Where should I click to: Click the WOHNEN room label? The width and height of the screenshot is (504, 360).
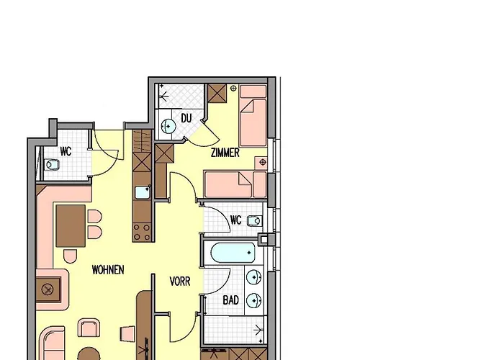click(108, 270)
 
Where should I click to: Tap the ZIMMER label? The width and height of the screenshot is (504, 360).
click(225, 153)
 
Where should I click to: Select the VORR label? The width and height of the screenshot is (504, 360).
click(180, 282)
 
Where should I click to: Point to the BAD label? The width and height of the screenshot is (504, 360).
click(230, 300)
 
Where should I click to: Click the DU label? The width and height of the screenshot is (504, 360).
click(186, 118)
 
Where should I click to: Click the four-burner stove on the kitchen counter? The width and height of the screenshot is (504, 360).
click(141, 232)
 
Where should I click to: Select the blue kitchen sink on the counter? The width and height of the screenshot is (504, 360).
click(141, 192)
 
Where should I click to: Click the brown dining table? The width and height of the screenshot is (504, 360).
click(71, 225)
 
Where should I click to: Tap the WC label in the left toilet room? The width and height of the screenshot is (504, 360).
click(66, 151)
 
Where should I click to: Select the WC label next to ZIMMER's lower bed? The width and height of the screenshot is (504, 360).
click(235, 220)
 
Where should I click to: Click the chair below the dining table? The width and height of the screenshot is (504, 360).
click(71, 256)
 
